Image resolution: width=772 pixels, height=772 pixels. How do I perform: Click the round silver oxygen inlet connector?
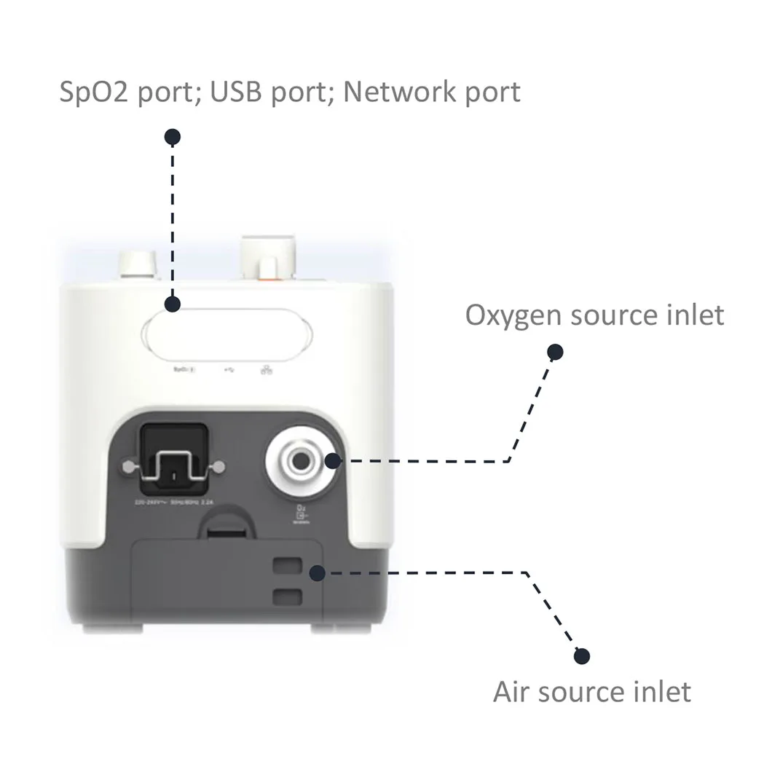coord(299,460)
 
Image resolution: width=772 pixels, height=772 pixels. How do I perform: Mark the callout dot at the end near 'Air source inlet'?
coord(580,656)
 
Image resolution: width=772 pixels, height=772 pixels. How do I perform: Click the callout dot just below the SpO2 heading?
coord(173,136)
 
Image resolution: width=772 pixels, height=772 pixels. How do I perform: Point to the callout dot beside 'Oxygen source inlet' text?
coord(556,352)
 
